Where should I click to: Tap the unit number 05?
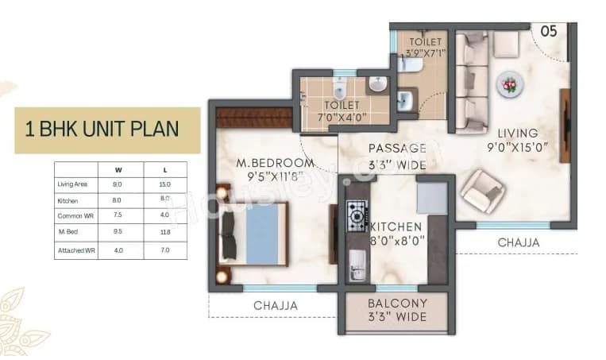(548, 31)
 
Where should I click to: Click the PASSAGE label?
(397, 148)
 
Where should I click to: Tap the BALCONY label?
(397, 304)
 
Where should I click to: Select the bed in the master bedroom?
(253, 234)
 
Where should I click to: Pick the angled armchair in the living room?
(481, 192)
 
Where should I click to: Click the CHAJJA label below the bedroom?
(275, 306)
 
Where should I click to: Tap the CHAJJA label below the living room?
(518, 242)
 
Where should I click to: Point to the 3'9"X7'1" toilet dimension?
(420, 53)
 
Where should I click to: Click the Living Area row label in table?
(71, 184)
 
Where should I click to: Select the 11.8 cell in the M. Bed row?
(164, 234)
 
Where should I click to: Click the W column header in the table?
(118, 169)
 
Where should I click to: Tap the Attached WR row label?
(76, 250)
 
